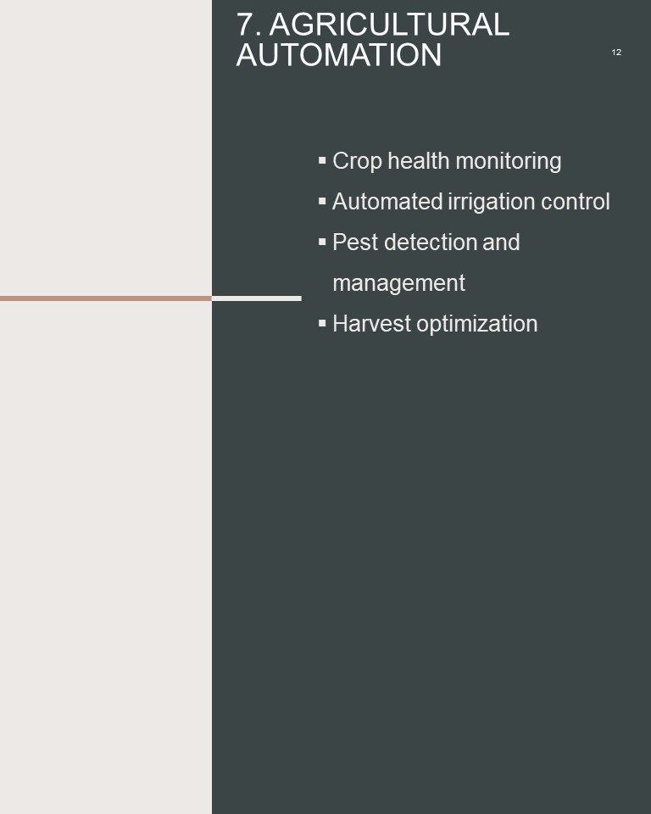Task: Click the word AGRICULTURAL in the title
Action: pyautogui.click(x=389, y=25)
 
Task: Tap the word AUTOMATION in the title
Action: pyautogui.click(x=339, y=55)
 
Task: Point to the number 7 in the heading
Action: pyautogui.click(x=246, y=25)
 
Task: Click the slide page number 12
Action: pyautogui.click(x=616, y=52)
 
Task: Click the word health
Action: pyautogui.click(x=419, y=161)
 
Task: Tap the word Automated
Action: pyautogui.click(x=387, y=202)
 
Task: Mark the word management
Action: pyautogui.click(x=398, y=284)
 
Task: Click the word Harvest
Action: pyautogui.click(x=372, y=324)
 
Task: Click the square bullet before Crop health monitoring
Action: pyautogui.click(x=322, y=160)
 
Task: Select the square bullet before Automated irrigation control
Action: pyautogui.click(x=322, y=201)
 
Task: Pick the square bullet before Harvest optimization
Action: pyautogui.click(x=322, y=323)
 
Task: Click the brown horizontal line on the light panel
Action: pyautogui.click(x=106, y=298)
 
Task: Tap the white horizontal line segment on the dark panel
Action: pyautogui.click(x=257, y=298)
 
